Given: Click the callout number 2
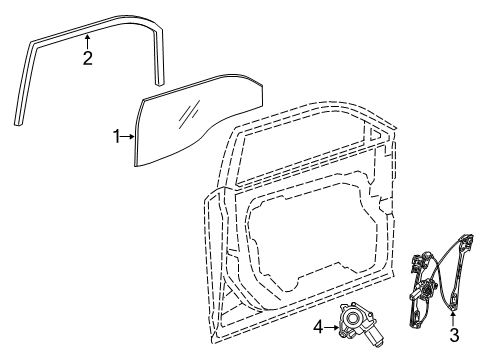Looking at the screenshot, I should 88,58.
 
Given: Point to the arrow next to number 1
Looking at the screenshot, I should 128,135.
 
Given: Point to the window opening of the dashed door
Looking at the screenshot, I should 300,150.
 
